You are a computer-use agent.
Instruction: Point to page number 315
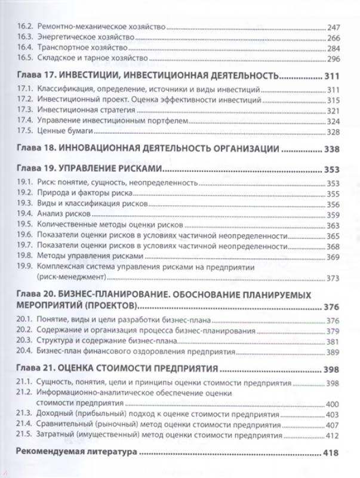pyautogui.click(x=333, y=100)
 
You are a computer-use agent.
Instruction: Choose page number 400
pyautogui.click(x=333, y=404)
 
